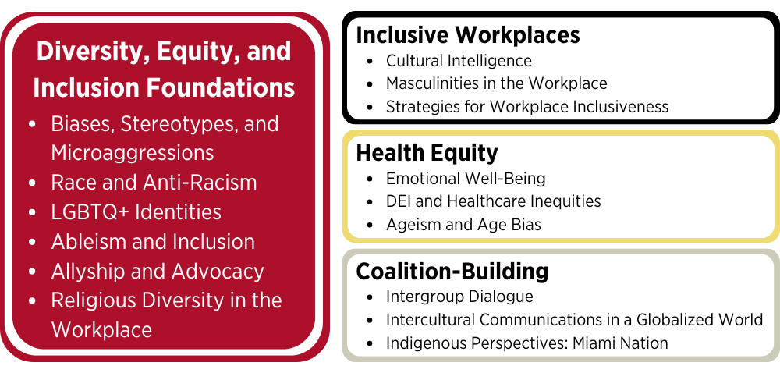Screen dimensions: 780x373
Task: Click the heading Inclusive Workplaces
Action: pyautogui.click(x=468, y=36)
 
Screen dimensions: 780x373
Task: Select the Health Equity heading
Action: pyautogui.click(x=427, y=154)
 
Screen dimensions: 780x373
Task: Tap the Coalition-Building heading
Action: pyautogui.click(x=452, y=272)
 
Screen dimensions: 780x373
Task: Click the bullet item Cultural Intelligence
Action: pyautogui.click(x=459, y=61)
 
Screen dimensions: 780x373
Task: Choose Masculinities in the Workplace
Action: pyautogui.click(x=496, y=83)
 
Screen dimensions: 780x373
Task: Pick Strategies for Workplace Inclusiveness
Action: pyautogui.click(x=527, y=106)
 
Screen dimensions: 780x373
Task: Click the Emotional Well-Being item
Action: pyautogui.click(x=466, y=178)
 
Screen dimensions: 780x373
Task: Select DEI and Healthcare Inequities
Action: pyautogui.click(x=494, y=201)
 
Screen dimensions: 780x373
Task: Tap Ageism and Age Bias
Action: pyautogui.click(x=463, y=224)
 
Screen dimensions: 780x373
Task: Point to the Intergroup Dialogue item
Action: pyautogui.click(x=459, y=297)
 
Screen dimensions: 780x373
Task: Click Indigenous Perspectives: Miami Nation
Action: pyautogui.click(x=526, y=343)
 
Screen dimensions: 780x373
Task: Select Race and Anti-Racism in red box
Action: pyautogui.click(x=154, y=183)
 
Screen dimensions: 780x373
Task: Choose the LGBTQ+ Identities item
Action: pyautogui.click(x=136, y=212)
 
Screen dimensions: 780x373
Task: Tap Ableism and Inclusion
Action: pyautogui.click(x=153, y=242)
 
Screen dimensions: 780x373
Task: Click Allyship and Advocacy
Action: pyautogui.click(x=158, y=271)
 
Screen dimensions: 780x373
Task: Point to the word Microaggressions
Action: pyautogui.click(x=133, y=153)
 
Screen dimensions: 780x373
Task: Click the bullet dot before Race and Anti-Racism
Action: pyautogui.click(x=32, y=183)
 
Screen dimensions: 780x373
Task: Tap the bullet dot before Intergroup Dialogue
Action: pyautogui.click(x=370, y=297)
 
